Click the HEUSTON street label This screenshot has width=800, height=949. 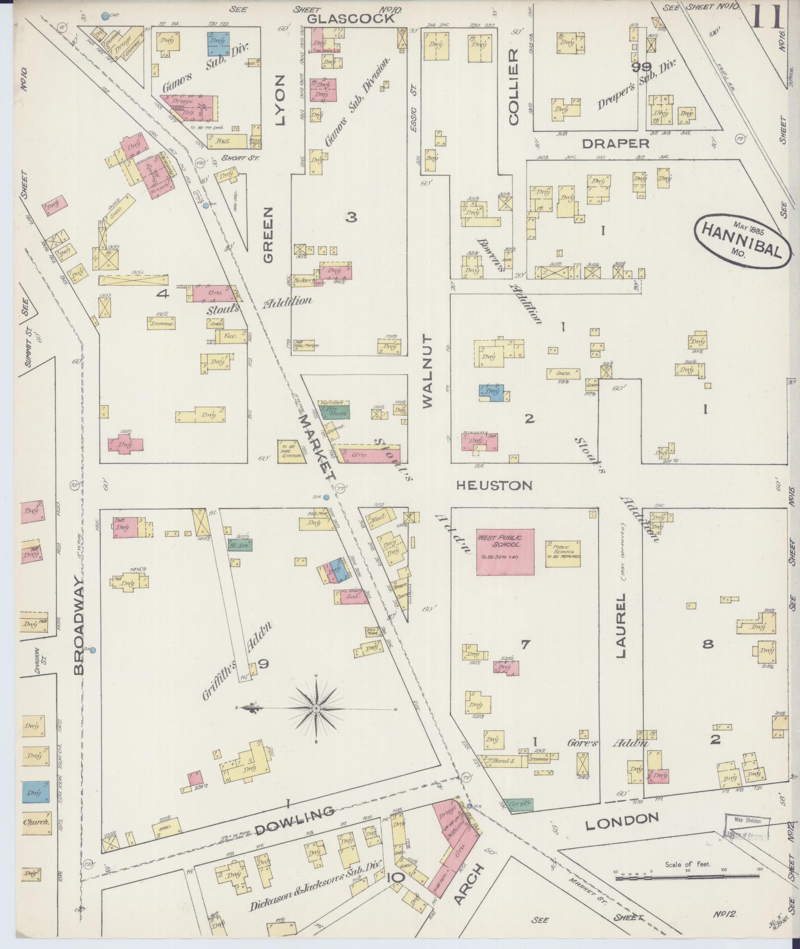(x=494, y=485)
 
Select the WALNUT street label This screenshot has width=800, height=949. (x=428, y=370)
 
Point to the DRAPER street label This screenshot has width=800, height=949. (x=615, y=143)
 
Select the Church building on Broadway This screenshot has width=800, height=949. (x=35, y=822)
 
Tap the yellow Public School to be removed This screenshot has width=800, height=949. (x=563, y=554)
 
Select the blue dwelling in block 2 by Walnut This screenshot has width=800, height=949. (x=492, y=391)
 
